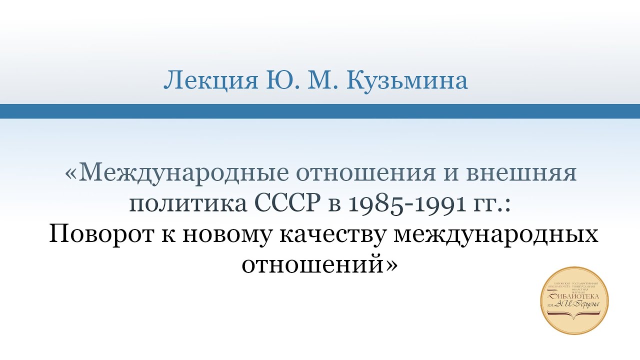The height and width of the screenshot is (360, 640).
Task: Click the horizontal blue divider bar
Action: point(320,111)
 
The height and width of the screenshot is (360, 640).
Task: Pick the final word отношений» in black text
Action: point(320,264)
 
